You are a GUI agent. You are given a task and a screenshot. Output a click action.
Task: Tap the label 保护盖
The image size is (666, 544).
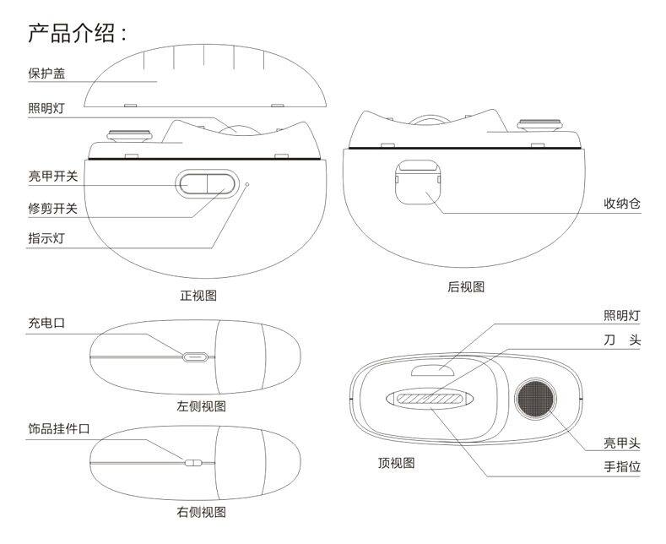click(46, 73)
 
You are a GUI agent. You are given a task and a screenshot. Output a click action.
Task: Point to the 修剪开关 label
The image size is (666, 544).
click(52, 209)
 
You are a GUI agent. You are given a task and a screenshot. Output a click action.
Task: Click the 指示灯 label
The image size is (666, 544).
click(46, 238)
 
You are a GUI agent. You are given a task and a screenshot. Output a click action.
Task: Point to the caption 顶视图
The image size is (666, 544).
click(396, 463)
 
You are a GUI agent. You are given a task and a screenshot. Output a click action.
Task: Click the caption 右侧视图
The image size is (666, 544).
click(201, 512)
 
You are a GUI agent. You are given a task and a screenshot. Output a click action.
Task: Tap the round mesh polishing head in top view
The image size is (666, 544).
click(536, 396)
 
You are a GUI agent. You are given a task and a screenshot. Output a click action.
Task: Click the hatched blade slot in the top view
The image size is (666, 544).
click(429, 399)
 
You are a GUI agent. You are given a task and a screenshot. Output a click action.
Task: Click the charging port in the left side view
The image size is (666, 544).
click(194, 356)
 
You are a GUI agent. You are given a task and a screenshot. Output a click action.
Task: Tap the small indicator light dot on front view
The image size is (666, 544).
click(246, 182)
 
